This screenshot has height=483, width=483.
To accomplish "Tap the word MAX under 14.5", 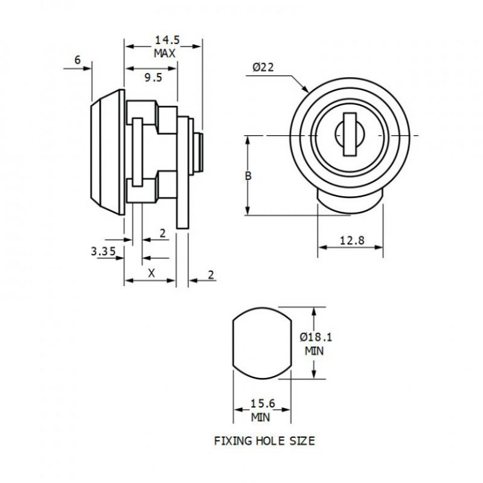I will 164,53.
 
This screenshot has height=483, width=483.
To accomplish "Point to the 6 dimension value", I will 77,60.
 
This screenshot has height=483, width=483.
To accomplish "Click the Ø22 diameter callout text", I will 264,68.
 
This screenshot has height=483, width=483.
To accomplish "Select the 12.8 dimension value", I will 351,240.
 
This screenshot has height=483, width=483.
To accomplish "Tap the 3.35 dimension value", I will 103,252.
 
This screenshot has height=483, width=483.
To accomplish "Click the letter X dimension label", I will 152,273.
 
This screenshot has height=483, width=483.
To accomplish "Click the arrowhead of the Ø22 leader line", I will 307,90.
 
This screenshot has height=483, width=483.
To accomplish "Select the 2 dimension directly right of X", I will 211,275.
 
